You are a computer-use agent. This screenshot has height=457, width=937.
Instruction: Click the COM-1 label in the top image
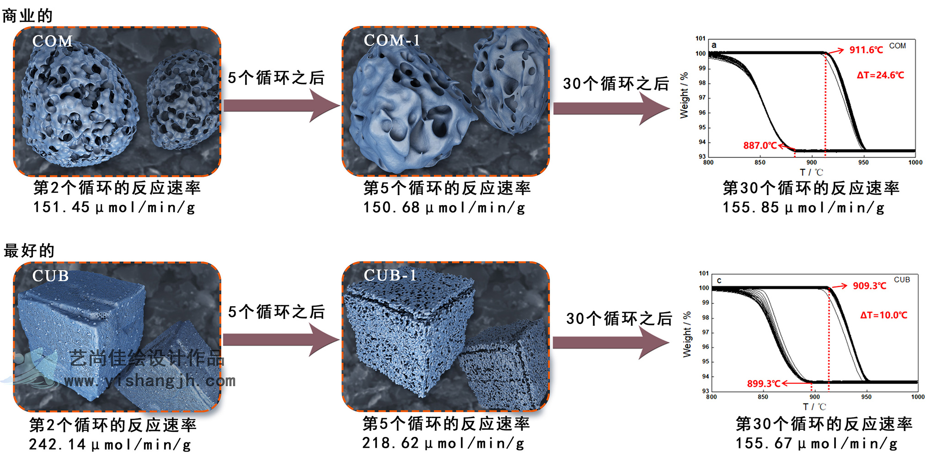(392, 41)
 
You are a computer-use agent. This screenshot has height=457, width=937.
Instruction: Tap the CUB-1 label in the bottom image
(390, 276)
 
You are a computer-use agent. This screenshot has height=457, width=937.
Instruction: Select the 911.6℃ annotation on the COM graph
(866, 50)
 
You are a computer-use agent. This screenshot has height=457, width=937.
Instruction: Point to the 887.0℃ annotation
(760, 146)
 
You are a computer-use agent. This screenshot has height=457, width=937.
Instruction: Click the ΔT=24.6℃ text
(880, 75)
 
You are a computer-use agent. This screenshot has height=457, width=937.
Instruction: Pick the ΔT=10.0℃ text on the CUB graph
(883, 315)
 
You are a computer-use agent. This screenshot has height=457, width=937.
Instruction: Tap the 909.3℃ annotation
(869, 286)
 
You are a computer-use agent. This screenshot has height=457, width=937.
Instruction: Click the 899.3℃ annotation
(763, 384)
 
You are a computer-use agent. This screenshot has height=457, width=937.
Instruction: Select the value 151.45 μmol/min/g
(114, 207)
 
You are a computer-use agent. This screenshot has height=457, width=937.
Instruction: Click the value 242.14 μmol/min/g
(110, 444)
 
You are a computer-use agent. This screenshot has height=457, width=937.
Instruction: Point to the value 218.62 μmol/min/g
(443, 443)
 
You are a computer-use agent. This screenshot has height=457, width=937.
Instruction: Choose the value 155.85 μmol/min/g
(803, 208)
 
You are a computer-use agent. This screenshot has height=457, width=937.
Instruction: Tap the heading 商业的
(27, 16)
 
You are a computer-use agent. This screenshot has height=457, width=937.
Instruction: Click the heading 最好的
(29, 250)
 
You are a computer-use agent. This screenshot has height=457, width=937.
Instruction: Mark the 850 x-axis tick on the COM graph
(760, 163)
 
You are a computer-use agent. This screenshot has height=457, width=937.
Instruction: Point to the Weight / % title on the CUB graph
(687, 334)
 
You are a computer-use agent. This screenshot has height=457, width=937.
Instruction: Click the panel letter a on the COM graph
(714, 45)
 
